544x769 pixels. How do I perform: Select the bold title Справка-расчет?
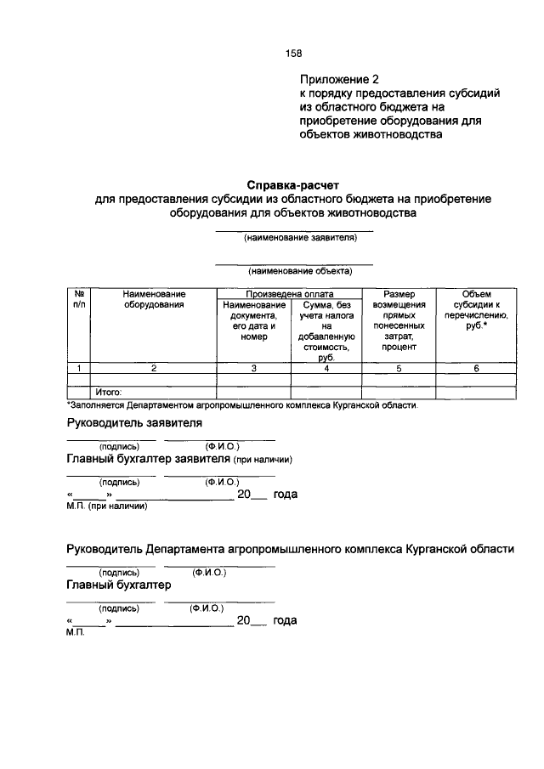point(292,184)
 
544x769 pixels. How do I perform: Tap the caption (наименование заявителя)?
point(294,238)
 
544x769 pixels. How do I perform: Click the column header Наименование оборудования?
point(154,298)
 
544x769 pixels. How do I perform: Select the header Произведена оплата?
point(289,293)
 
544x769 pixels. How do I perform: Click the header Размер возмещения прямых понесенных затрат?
point(399,319)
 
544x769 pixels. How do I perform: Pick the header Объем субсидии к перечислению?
point(476,309)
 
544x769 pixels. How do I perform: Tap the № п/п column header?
point(79,298)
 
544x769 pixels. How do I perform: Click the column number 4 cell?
point(326,368)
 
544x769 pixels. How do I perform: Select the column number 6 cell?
point(476,368)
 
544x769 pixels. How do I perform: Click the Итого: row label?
point(109,393)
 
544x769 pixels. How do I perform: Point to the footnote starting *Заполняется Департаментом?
point(242,405)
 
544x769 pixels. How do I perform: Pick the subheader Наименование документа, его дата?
point(253,320)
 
